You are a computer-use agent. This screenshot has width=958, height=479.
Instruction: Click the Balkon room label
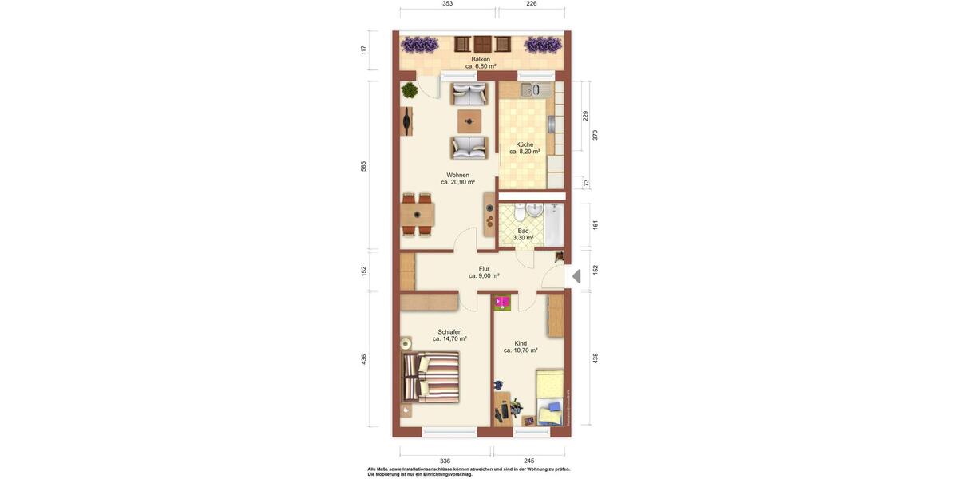point(481,59)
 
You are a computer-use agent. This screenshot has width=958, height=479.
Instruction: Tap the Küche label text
point(525,144)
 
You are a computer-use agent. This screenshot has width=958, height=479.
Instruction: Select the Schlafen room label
point(449,332)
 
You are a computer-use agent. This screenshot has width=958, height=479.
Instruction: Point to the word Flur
point(484,269)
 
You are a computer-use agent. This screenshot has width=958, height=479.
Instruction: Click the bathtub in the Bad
point(554,224)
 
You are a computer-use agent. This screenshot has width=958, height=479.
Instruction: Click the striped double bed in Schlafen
point(431,378)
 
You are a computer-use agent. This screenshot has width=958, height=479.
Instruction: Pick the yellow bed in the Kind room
point(550,398)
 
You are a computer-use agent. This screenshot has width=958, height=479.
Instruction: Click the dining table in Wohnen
point(417,215)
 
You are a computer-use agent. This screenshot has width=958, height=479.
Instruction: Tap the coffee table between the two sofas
point(469,121)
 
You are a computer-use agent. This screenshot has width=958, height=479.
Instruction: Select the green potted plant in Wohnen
point(410,91)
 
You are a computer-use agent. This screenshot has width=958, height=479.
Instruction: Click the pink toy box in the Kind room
point(502,303)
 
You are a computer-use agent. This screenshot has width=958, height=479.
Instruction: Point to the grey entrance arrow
point(576,276)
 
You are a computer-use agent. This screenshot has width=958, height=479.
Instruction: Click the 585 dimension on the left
point(363,166)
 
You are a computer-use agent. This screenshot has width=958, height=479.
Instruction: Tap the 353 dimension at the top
point(448,4)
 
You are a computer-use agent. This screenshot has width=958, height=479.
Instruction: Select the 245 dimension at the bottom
point(528,461)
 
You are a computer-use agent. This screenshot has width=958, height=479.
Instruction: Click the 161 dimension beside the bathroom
point(595,225)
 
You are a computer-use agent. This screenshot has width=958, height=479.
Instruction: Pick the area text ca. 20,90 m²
point(457,182)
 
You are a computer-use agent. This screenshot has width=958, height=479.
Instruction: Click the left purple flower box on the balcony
point(419,44)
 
